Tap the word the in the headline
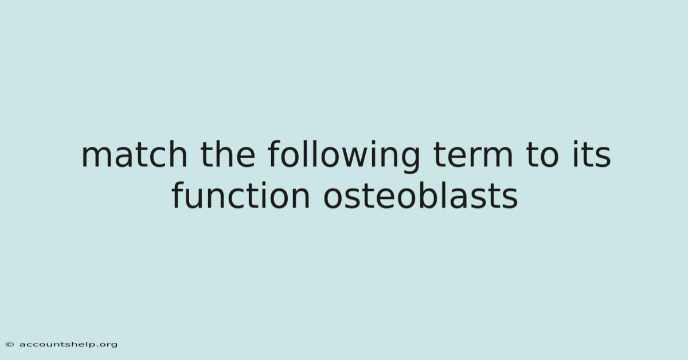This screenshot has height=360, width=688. (x=228, y=154)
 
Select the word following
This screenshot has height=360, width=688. (x=344, y=156)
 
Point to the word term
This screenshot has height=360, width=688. (x=473, y=155)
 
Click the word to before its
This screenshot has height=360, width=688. (x=542, y=155)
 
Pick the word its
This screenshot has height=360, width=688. (x=592, y=154)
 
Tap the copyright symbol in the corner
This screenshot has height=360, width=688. (x=10, y=345)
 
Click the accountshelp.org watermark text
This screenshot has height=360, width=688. (x=68, y=345)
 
